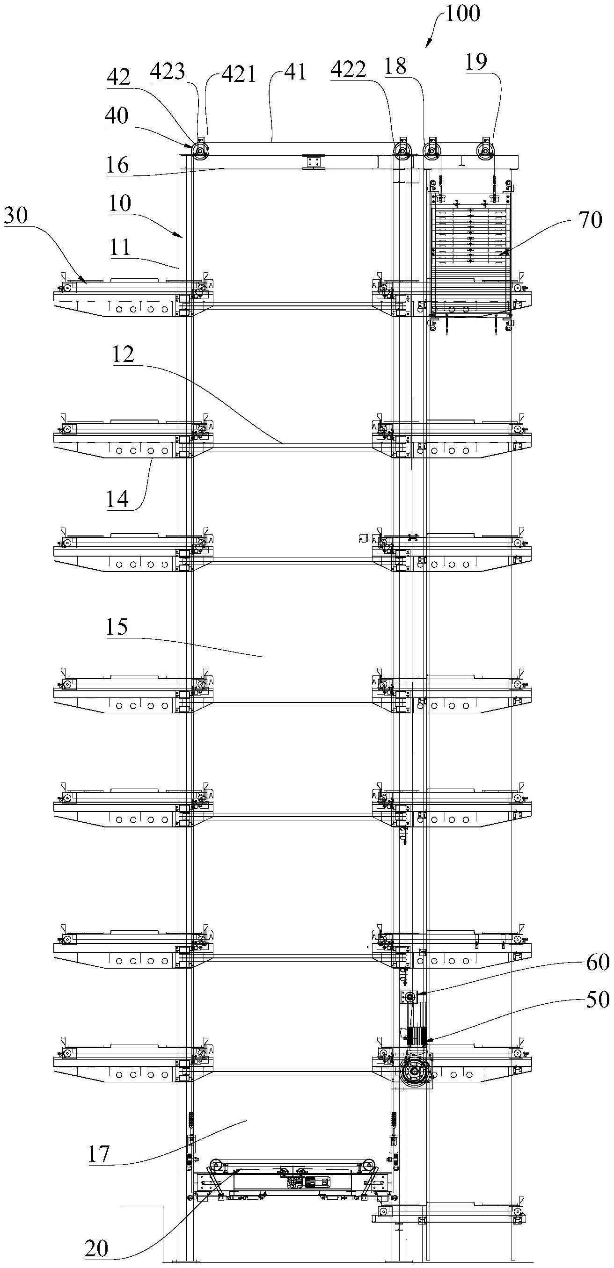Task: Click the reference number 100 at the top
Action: coord(462,13)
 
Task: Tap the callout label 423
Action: coord(168,72)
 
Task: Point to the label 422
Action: coord(348,70)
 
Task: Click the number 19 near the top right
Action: coord(475,62)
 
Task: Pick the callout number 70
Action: coord(590,220)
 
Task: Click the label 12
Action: coord(123,355)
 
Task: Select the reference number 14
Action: coord(117,499)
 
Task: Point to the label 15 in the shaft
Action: coord(116,627)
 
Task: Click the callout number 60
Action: coord(598,962)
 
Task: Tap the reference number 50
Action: coord(598,1000)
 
